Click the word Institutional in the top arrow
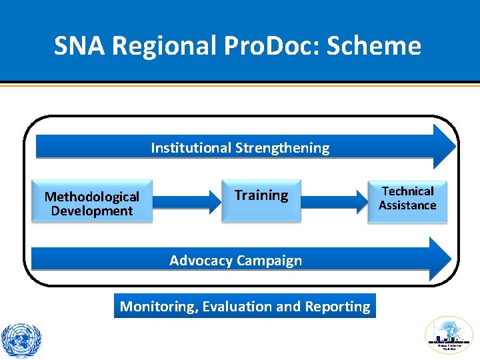pyautogui.click(x=189, y=147)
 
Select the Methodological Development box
pyautogui.click(x=92, y=203)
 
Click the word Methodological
pyautogui.click(x=92, y=196)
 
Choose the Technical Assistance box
pyautogui.click(x=407, y=199)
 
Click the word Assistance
pyautogui.click(x=407, y=205)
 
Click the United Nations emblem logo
pyautogui.click(x=21, y=339)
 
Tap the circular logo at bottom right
pyautogui.click(x=449, y=335)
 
